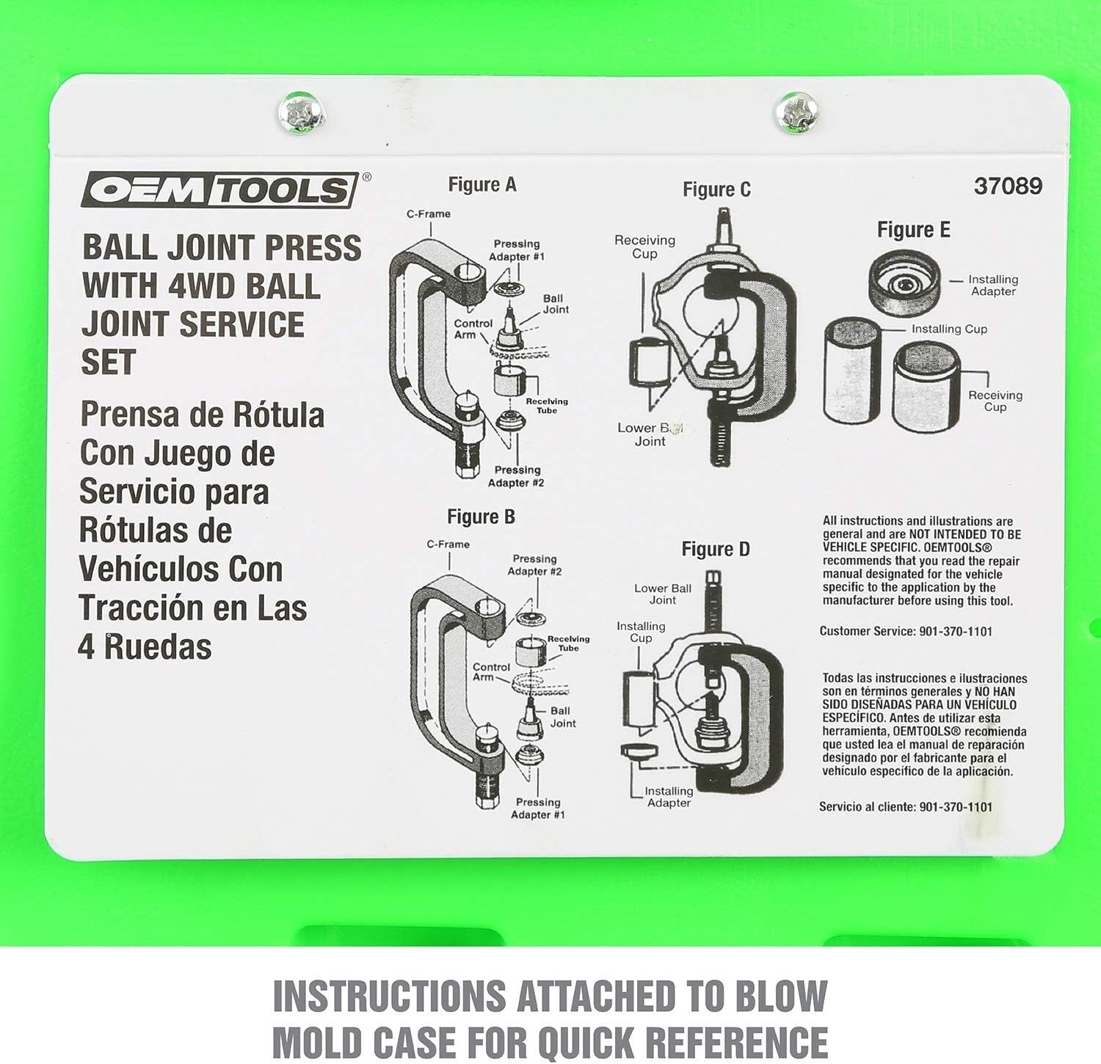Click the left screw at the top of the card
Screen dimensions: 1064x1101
pos(300,114)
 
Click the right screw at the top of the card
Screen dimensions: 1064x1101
pos(796,114)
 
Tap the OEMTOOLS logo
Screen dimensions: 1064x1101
pos(219,191)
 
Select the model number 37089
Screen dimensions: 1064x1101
pos(1008,186)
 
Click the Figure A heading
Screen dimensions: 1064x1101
pos(482,185)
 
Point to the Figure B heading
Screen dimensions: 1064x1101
pos(481,517)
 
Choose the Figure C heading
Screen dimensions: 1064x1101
pos(716,190)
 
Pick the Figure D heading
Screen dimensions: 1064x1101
pos(716,550)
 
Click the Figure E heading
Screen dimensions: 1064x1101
pos(913,230)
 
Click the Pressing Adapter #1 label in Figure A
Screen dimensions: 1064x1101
pos(517,250)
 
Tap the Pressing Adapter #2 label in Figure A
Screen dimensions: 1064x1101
pos(517,476)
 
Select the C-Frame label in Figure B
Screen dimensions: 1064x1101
pos(448,544)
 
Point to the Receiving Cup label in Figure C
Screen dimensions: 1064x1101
pos(644,247)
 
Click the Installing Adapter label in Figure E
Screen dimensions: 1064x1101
pos(992,285)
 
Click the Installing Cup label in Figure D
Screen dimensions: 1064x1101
pos(641,632)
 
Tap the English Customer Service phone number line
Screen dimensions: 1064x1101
pos(906,632)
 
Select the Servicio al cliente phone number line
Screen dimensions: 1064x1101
pos(906,807)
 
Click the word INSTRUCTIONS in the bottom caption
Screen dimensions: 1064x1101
pos(389,996)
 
